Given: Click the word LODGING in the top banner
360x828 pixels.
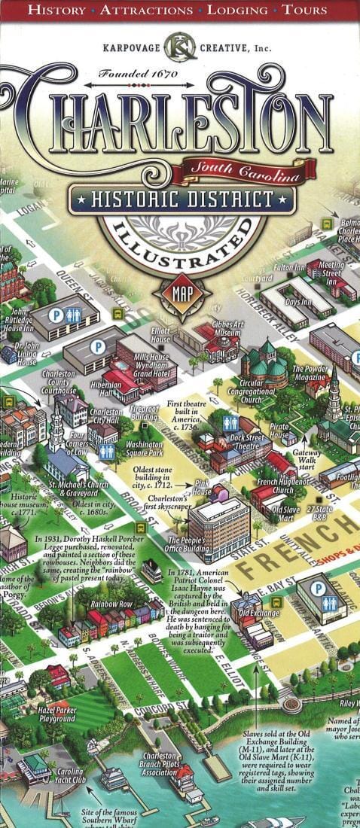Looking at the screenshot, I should coord(237,11).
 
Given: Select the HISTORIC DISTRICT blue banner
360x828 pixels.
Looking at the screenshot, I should coord(181,199).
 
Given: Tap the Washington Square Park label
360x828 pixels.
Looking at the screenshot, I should coord(144,449).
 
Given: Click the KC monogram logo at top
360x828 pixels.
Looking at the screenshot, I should coord(179,47).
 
